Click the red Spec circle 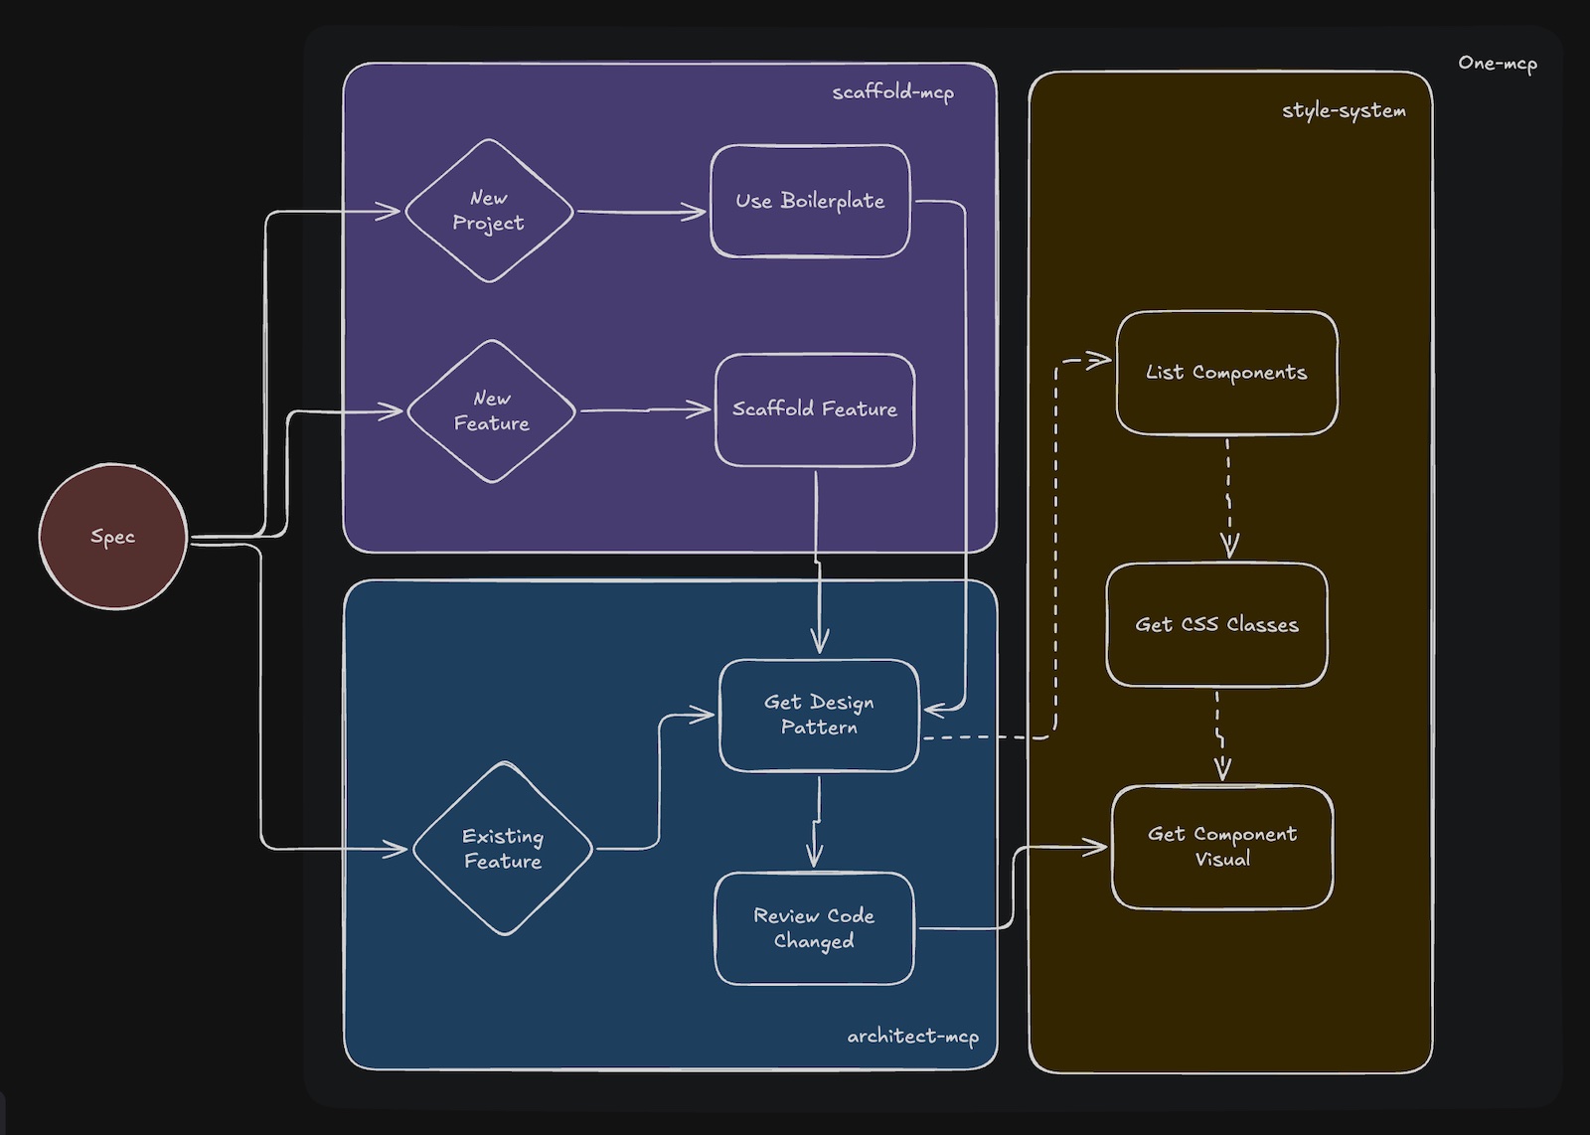pos(112,537)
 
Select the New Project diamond pos(488,211)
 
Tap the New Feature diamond pos(491,410)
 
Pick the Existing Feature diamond pos(503,849)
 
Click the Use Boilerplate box pos(810,201)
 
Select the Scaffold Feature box pos(814,409)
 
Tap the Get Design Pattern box pos(819,715)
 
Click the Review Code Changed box pos(814,928)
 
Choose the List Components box pos(1226,373)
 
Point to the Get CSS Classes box pos(1216,625)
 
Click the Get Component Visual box pos(1222,847)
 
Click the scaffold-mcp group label pos(892,92)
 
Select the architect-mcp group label pos(912,1036)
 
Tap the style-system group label pos(1344,110)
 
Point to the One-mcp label pos(1497,63)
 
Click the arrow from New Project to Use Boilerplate pos(641,212)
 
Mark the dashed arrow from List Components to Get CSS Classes pos(1228,497)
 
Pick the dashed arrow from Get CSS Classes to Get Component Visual pos(1219,734)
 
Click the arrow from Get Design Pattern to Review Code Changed pos(817,821)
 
